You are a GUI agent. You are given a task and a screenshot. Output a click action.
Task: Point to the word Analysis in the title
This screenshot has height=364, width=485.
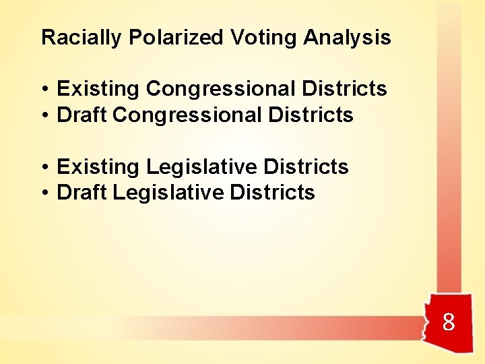347,38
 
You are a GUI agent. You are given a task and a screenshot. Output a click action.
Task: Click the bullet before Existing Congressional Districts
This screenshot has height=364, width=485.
44,90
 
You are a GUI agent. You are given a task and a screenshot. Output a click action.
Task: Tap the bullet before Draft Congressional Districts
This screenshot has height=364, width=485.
44,116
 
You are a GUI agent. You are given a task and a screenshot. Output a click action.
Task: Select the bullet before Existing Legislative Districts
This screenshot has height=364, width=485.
44,167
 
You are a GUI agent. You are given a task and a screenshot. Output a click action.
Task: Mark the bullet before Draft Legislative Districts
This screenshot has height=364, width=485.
44,193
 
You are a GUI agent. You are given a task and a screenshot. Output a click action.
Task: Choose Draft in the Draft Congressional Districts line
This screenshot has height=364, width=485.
82,115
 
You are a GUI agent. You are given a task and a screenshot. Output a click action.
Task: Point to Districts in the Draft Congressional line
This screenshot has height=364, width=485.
311,115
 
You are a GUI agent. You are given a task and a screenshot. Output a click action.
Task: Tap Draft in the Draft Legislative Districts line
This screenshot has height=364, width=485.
82,193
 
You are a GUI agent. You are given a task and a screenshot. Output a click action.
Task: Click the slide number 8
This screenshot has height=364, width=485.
449,323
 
